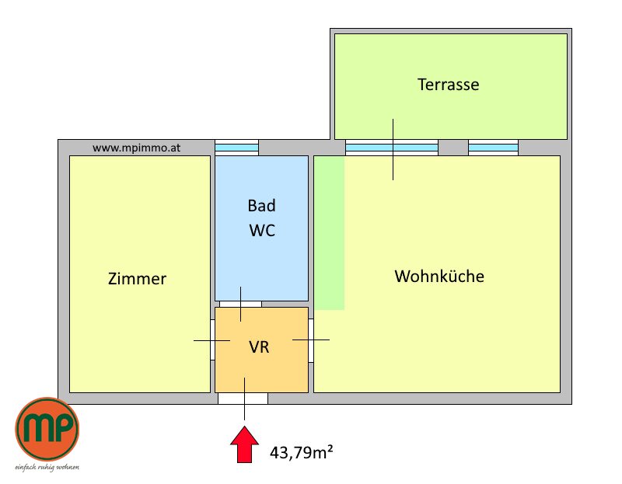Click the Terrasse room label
(x=449, y=85)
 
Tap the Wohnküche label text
(x=439, y=277)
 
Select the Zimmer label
(x=137, y=279)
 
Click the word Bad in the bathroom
(x=261, y=205)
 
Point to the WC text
(x=262, y=230)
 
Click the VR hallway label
(x=259, y=346)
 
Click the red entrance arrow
(x=244, y=444)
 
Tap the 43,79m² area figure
(x=301, y=452)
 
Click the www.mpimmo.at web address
(x=137, y=148)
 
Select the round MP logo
(x=47, y=430)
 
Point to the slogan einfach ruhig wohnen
(x=47, y=468)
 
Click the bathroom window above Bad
(x=237, y=148)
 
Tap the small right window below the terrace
(x=493, y=148)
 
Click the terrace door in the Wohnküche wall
(x=392, y=148)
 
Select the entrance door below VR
(x=243, y=399)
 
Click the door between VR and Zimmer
(x=212, y=339)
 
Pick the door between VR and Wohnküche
(x=311, y=340)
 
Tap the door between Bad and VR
(x=240, y=304)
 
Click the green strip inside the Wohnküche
(x=329, y=233)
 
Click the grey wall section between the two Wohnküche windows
(x=453, y=148)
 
